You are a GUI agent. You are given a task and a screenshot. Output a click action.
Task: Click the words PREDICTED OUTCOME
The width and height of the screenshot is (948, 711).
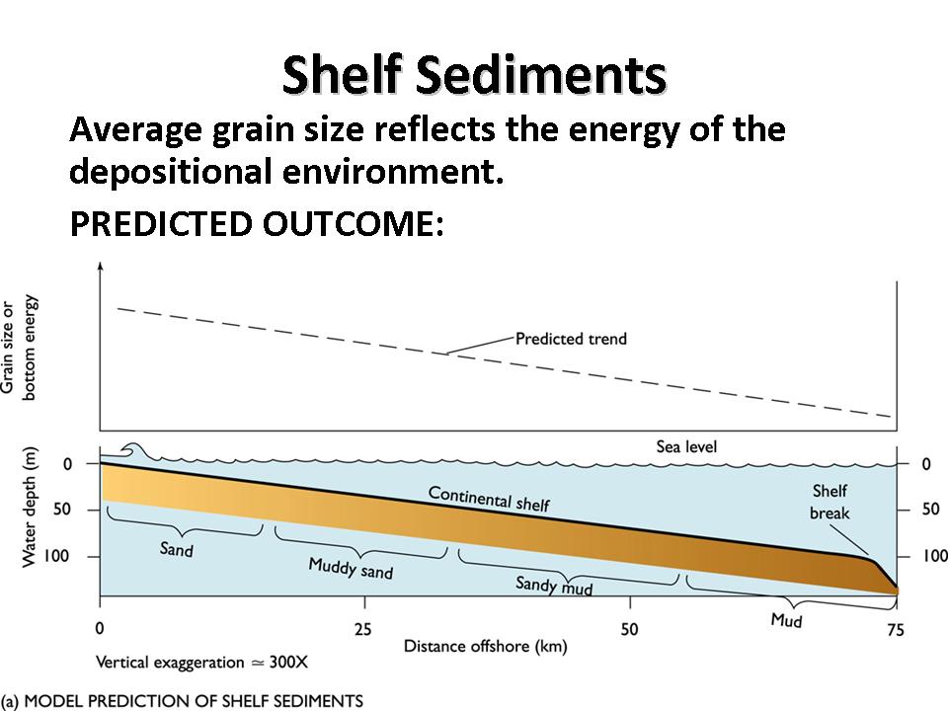pos(256,223)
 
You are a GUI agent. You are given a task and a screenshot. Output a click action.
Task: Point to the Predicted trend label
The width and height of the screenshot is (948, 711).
pos(571,339)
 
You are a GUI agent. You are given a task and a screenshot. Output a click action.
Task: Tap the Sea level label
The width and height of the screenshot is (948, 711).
pos(686,447)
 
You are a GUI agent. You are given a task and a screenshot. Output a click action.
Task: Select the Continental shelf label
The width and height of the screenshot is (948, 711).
pos(489,498)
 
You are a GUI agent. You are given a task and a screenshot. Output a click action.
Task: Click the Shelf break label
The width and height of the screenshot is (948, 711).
pos(829,502)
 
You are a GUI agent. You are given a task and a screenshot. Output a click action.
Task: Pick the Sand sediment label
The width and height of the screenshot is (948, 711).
pos(177,548)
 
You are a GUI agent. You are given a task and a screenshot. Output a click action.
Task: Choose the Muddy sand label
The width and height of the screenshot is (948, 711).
pos(351,569)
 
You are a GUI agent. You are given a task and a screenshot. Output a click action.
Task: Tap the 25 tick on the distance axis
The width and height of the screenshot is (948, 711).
pos(363,629)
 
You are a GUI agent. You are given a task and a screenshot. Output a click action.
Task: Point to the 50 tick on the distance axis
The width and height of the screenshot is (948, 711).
pos(630,629)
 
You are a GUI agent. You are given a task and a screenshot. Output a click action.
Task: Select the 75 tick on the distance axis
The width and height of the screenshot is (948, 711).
pos(895,630)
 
